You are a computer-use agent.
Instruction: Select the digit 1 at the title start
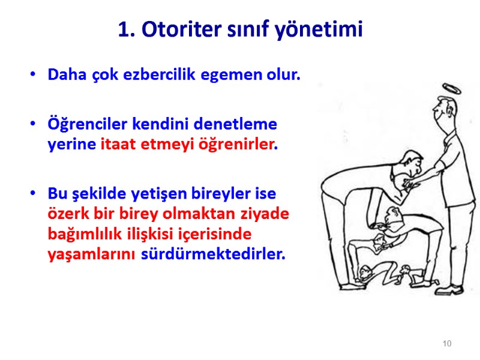pos(124,29)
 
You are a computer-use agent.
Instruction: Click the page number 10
pos(446,344)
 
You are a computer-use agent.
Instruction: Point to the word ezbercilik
pos(163,76)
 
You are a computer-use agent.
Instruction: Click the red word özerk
pos(66,214)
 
